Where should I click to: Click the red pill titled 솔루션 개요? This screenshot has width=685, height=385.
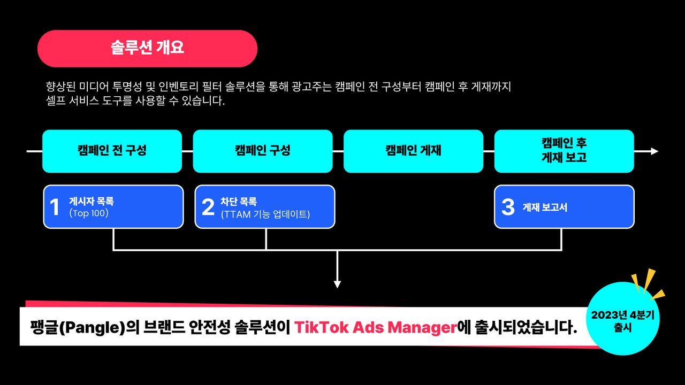147,49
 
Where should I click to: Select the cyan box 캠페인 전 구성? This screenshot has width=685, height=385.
112,151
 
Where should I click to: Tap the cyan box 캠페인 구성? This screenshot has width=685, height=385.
263,151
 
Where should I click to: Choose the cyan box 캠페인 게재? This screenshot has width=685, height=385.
414,151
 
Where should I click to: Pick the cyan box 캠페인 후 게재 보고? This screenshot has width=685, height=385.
564,151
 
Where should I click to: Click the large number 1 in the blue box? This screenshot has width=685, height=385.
55,207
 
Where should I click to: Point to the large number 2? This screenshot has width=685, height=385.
208,207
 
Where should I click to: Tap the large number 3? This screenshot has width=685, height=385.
508,207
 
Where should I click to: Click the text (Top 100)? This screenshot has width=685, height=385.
89,213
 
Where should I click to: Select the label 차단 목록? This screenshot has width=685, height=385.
239,202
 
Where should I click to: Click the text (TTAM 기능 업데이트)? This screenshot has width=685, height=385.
265,214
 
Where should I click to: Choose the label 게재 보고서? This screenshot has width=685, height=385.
545,207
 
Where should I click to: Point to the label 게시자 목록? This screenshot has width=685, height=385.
92,202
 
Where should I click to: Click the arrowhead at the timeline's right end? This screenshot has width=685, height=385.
654,151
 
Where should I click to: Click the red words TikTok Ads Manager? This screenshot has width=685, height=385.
376,327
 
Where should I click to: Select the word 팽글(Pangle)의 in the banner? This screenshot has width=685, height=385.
85,328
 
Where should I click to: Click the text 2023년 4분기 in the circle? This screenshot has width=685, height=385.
622,315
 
